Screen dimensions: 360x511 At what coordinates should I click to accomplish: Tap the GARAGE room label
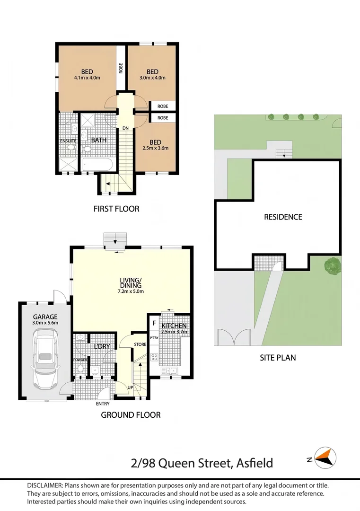tap(45, 317)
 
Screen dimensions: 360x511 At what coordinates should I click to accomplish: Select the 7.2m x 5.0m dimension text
tap(131, 291)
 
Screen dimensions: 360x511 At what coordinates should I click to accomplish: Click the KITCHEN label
tap(174, 326)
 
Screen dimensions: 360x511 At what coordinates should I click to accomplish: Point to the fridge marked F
tap(154, 324)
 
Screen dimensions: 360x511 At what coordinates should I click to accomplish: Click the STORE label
tap(140, 344)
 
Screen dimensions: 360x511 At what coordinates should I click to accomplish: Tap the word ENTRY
tap(103, 404)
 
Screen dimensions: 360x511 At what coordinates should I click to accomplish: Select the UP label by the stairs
tap(130, 388)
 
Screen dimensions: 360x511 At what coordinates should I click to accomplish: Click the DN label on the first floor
tap(125, 128)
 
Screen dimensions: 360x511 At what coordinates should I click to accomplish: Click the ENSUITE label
tap(68, 141)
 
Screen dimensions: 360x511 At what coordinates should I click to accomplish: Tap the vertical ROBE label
tap(121, 68)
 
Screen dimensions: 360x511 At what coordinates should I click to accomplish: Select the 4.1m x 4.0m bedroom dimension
tap(87, 78)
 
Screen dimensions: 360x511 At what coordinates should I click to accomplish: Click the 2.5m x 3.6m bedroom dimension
tap(156, 148)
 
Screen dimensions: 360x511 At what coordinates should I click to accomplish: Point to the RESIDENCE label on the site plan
tap(283, 217)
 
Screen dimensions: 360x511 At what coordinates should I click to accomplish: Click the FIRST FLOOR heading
tap(116, 209)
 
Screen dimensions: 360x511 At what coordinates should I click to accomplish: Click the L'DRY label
tap(102, 346)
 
